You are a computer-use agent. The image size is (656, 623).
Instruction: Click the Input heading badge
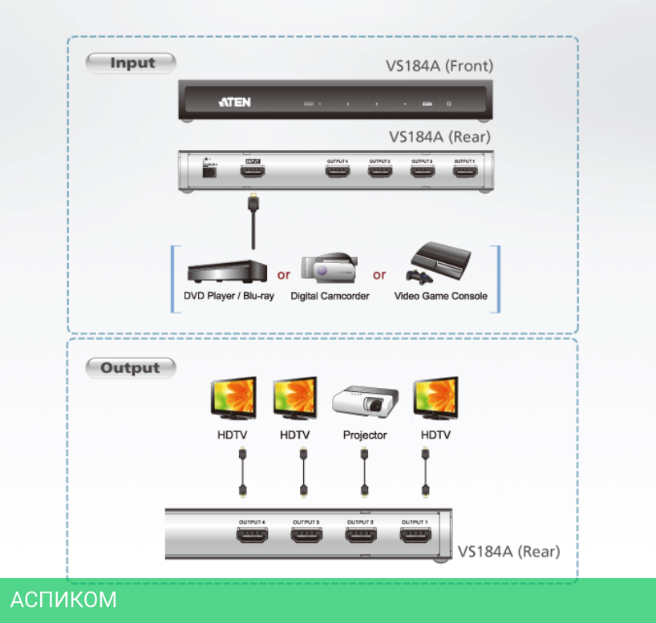coord(131,63)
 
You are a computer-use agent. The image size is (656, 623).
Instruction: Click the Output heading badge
coord(130,368)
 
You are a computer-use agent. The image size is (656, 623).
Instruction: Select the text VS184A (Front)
coord(439,67)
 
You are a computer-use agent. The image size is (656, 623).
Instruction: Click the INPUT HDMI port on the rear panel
coord(253,171)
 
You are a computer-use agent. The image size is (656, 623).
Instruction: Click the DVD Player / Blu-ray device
coord(226,270)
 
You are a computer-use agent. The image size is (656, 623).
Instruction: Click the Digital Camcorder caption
coord(330,297)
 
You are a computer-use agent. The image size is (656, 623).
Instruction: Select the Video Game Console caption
coord(440,297)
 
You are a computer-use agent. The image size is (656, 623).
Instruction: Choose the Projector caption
coord(365,435)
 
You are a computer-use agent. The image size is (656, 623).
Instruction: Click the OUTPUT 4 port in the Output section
coord(252,536)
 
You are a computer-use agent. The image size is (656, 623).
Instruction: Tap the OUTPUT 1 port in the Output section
coord(415,536)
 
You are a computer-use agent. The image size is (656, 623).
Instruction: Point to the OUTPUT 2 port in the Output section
coord(361,536)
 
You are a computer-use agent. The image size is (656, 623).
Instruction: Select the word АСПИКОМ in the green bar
coord(64,600)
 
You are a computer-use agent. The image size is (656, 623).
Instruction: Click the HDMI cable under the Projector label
coord(364,472)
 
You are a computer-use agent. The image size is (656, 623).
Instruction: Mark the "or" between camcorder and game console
coord(379,275)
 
